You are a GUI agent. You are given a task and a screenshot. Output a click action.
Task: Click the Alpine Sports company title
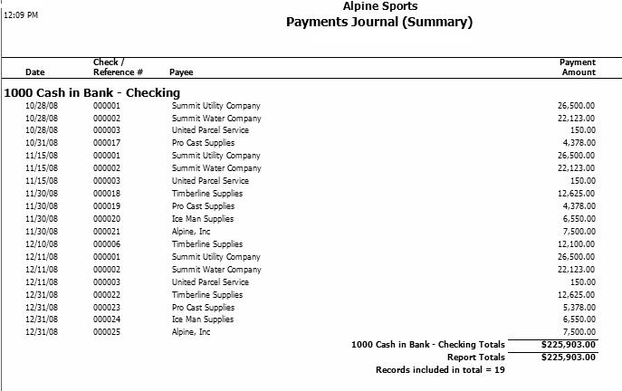380,6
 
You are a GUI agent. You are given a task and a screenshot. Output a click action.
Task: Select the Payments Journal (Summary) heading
379,22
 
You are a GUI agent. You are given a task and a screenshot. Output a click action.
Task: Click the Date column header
35,72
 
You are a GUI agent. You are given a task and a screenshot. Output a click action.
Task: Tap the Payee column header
181,72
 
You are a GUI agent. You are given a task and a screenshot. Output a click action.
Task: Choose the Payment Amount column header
578,67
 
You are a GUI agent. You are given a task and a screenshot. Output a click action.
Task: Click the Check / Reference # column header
118,67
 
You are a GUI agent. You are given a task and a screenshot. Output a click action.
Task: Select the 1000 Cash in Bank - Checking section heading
92,92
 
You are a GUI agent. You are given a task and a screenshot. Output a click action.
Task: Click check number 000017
107,143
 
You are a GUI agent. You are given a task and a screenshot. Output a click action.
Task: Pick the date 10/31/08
42,143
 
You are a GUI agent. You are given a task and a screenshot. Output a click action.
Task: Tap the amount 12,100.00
576,244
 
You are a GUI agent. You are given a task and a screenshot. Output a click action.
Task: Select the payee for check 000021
191,232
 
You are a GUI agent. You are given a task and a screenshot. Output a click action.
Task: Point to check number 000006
107,244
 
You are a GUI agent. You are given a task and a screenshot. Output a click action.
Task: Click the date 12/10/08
42,244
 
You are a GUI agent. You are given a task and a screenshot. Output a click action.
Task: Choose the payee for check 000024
203,320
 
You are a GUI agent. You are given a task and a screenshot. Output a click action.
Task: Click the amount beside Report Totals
568,358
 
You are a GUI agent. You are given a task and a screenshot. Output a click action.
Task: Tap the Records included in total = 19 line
439,370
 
